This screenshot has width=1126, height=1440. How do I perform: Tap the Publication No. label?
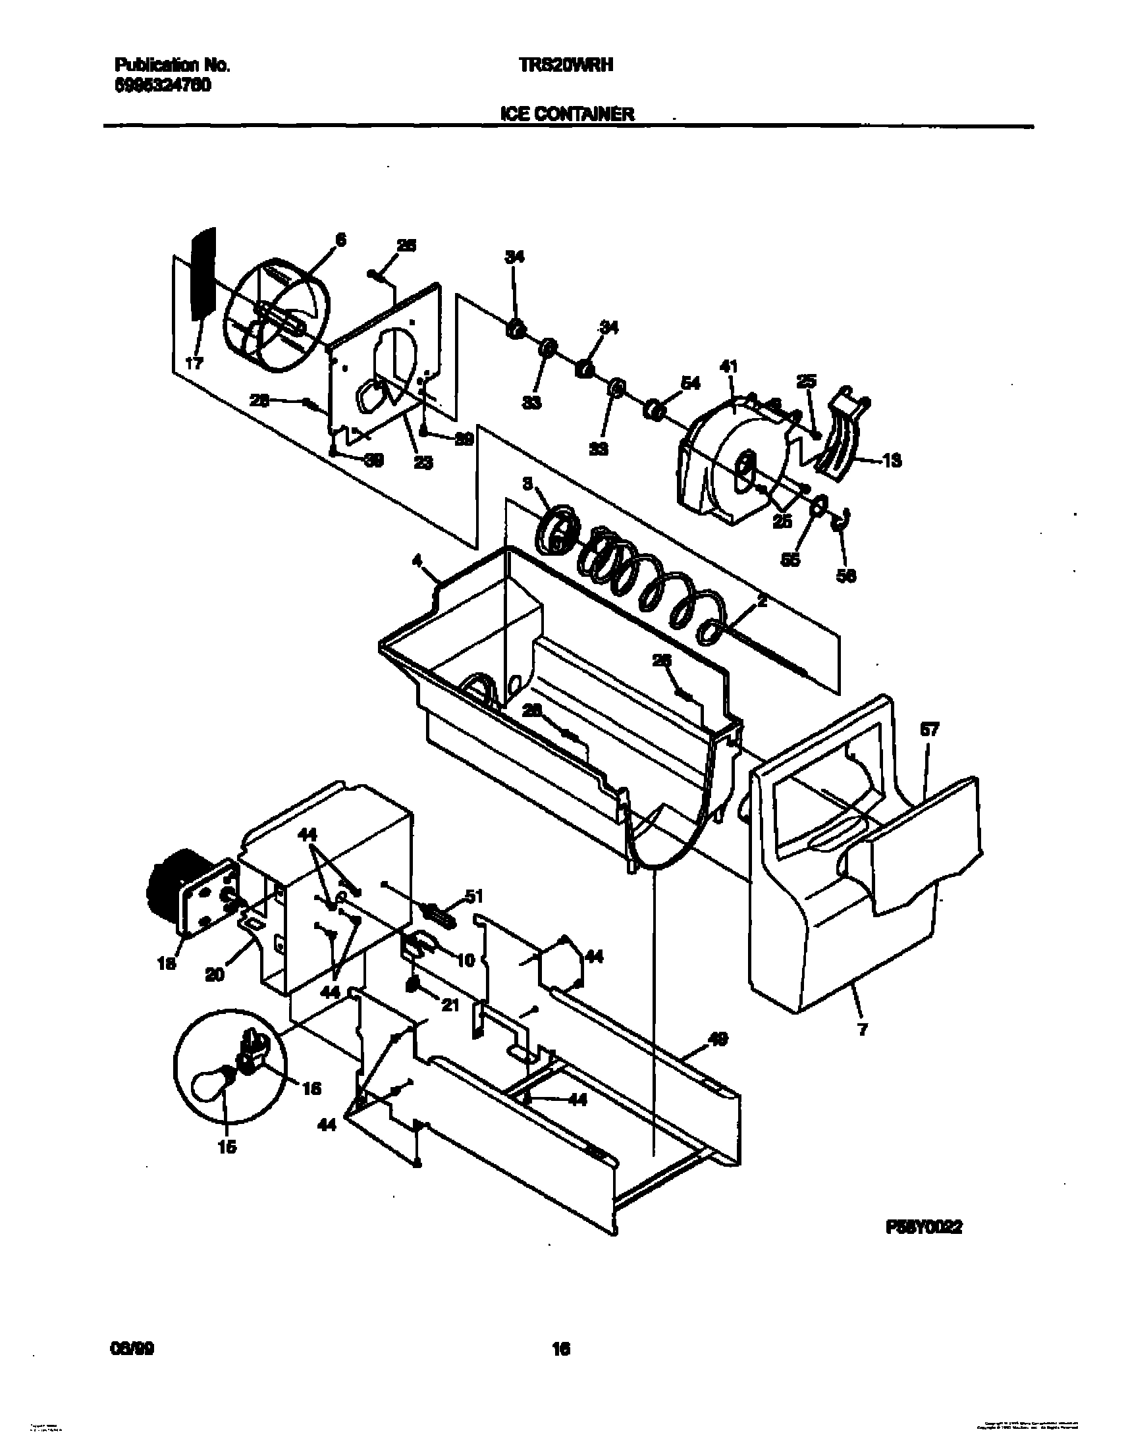(x=172, y=65)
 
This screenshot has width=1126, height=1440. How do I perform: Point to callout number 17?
(x=194, y=363)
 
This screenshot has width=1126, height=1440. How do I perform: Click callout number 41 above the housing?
(x=729, y=367)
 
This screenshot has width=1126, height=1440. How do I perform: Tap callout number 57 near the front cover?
(x=930, y=730)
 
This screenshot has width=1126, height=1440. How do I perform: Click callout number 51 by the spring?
(x=474, y=896)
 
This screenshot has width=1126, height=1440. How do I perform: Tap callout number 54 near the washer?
(x=690, y=383)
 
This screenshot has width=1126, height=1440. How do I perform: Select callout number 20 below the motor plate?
(x=215, y=974)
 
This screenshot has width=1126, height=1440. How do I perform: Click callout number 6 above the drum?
(x=340, y=241)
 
